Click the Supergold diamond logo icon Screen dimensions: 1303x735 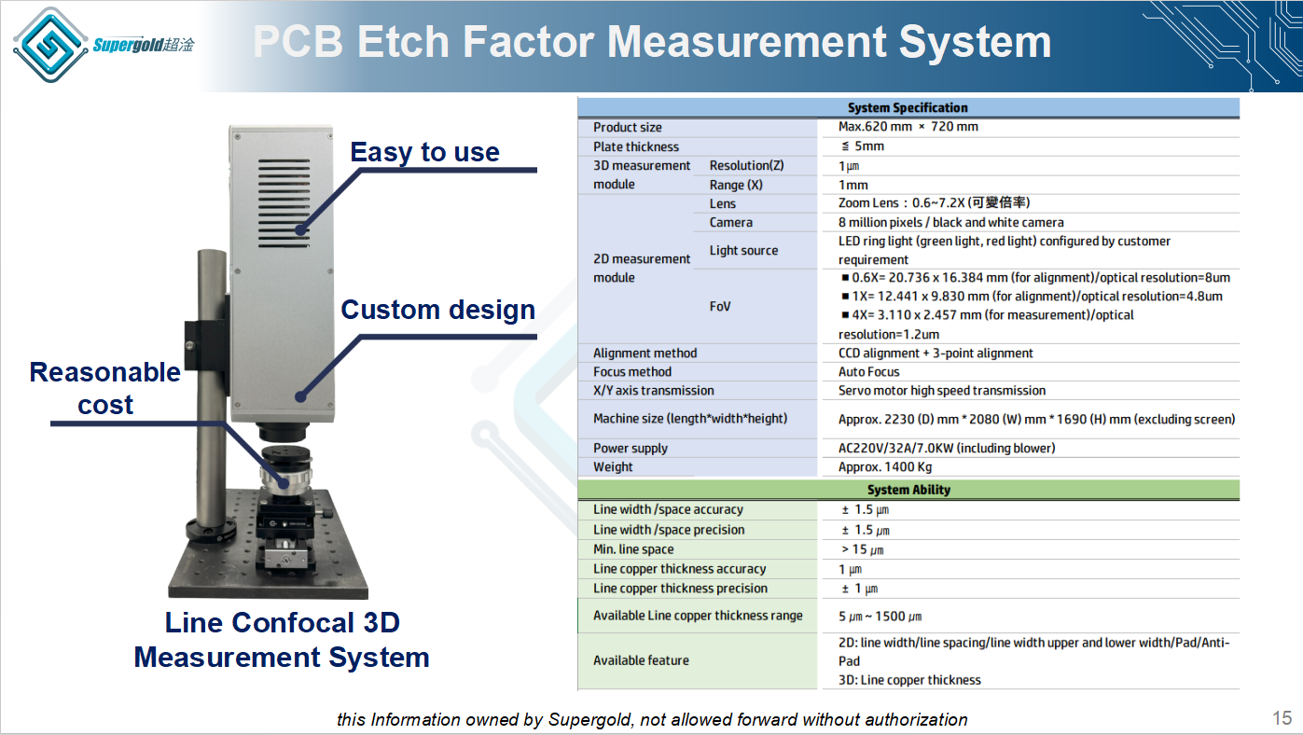pos(50,45)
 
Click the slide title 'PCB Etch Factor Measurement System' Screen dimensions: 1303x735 pos(652,42)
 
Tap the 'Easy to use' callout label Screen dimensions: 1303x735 pos(424,152)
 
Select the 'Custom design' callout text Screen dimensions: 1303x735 pos(438,310)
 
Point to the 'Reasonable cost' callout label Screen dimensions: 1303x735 pos(105,388)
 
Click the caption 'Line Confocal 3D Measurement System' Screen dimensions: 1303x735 pos(282,640)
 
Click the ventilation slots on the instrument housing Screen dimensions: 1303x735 pos(284,203)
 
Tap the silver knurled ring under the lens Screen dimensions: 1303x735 pos(285,479)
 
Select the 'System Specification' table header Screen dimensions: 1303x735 pos(908,107)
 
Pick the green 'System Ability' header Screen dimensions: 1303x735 pos(908,490)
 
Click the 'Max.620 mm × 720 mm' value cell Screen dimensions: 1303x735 pos(908,127)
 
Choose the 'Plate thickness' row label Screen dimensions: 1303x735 pos(636,146)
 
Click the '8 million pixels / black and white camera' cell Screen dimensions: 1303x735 pos(950,222)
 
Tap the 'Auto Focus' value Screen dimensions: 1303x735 pos(868,371)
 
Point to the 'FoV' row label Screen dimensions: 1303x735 pos(719,307)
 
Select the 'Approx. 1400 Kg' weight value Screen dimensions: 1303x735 pos(885,467)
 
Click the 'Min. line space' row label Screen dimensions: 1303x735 pos(633,549)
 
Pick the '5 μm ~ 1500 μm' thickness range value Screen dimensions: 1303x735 pos(880,617)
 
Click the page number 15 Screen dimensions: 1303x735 pos(1282,718)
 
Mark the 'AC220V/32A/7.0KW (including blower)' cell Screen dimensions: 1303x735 pos(947,449)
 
